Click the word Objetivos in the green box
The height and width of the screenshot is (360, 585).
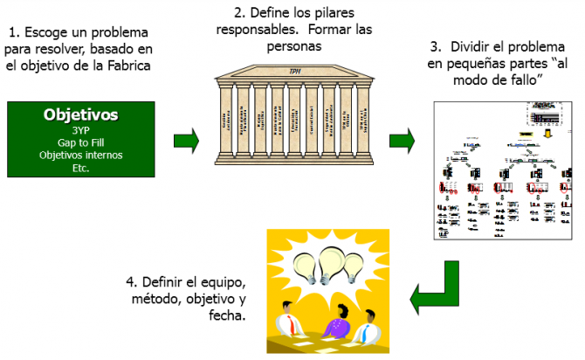click(x=81, y=114)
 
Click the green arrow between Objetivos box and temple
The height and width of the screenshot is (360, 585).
click(x=186, y=139)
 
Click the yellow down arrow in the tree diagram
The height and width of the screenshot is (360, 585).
click(x=547, y=133)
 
